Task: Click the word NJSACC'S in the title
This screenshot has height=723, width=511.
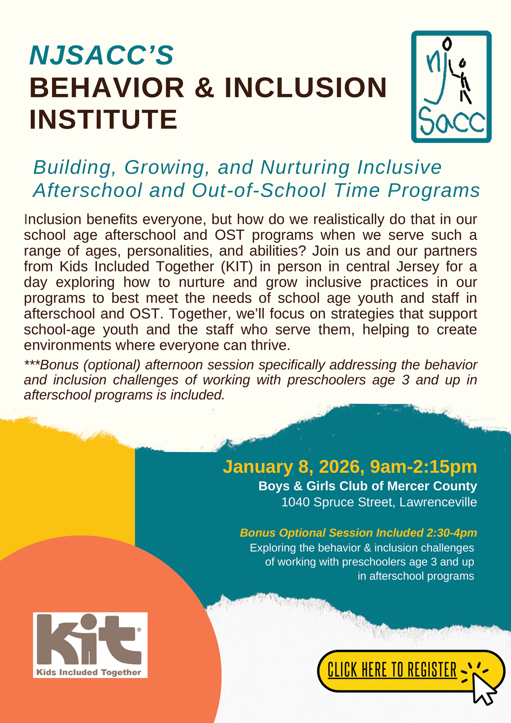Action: click(101, 55)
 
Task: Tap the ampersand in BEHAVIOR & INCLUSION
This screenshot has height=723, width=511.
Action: click(204, 88)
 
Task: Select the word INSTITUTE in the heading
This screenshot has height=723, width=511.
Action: click(103, 119)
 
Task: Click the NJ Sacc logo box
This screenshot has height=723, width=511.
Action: click(451, 86)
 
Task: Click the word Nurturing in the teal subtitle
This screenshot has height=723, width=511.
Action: click(304, 167)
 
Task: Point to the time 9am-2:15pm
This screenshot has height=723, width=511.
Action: click(423, 467)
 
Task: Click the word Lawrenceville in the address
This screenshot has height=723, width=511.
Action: click(438, 502)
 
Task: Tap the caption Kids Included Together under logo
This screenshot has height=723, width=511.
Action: click(89, 672)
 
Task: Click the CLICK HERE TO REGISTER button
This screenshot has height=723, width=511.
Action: click(393, 670)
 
